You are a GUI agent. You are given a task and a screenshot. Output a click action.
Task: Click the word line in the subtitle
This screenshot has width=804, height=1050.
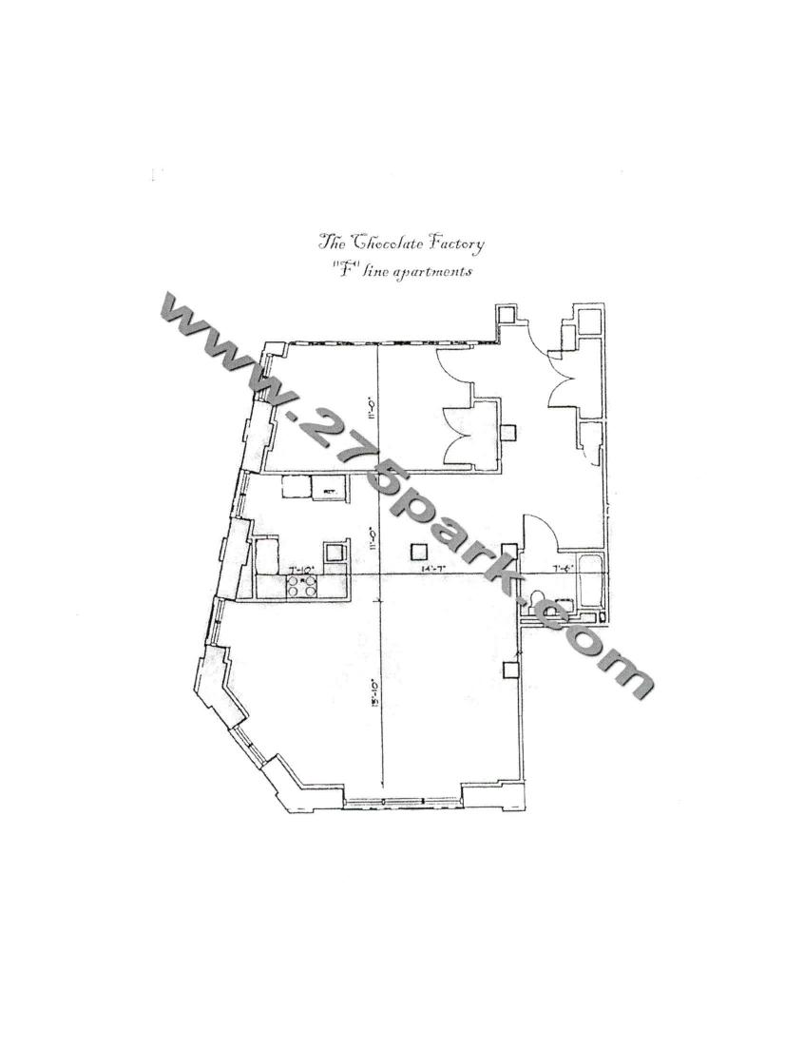(375, 271)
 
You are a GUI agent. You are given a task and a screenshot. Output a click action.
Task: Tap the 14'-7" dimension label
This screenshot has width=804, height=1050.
(435, 569)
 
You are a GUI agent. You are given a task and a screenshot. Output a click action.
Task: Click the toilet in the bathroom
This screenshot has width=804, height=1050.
(539, 601)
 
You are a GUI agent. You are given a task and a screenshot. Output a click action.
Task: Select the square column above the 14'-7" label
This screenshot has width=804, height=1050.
(419, 550)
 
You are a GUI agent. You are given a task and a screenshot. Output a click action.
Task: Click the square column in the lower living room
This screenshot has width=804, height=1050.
(510, 670)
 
